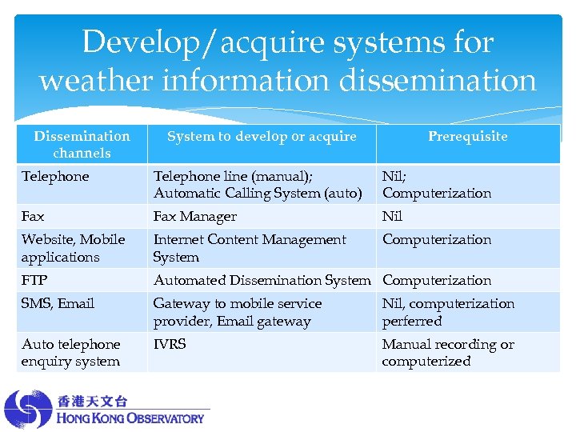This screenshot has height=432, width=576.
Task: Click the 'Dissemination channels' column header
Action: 82,144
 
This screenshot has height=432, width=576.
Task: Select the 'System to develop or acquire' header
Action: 262,136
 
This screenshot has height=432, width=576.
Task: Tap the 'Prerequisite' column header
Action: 467,136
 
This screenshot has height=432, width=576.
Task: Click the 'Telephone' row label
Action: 55,176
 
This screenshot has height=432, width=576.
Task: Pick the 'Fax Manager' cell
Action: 195,216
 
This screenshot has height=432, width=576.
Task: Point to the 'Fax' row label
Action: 33,216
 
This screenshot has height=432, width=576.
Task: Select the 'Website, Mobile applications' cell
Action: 73,248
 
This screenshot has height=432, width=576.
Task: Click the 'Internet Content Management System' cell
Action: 250,248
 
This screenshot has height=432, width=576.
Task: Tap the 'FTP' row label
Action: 34,280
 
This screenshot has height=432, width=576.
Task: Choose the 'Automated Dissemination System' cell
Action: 262,280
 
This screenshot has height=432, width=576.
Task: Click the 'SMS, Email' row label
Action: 58,303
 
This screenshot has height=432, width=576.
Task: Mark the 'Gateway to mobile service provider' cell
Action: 238,312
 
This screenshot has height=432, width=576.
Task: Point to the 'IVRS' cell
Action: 170,344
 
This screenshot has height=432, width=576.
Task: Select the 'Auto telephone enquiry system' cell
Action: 71,352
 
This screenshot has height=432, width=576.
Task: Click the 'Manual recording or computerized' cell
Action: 448,352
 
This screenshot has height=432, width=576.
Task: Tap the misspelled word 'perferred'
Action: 412,321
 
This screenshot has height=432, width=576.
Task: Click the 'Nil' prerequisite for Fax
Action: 392,216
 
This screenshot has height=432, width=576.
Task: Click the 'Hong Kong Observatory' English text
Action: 130,418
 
